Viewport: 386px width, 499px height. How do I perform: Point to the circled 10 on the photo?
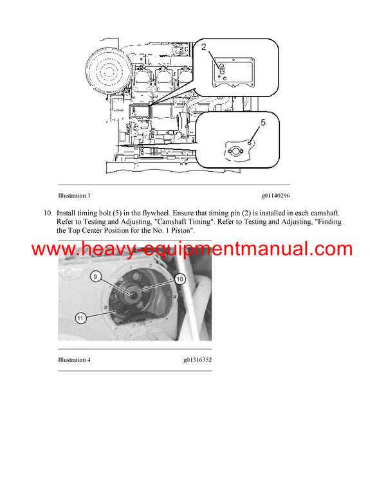179,280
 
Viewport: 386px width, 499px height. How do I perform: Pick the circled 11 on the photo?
80,316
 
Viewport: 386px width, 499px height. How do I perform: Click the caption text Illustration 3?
74,195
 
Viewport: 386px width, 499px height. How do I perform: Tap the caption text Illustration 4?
74,360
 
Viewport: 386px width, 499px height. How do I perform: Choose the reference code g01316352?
197,360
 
